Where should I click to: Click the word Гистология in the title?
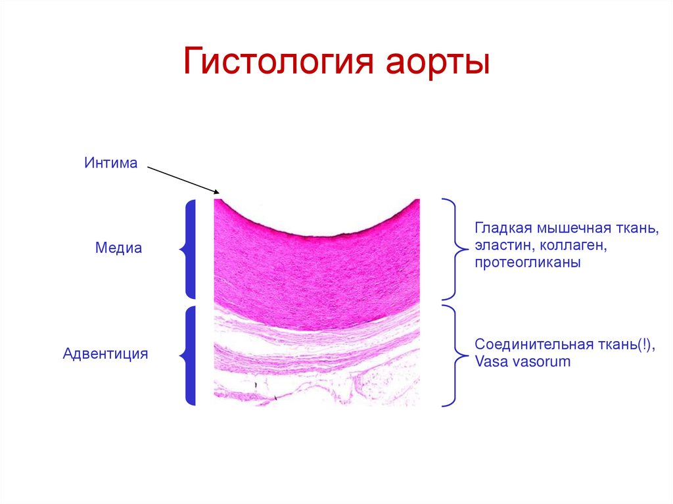(x=277, y=62)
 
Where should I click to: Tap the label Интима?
(x=110, y=162)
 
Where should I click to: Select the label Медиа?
(x=118, y=249)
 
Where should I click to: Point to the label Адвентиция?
(x=105, y=354)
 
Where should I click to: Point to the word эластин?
(x=500, y=246)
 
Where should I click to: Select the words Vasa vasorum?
(x=523, y=361)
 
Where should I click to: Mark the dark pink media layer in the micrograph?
(x=315, y=269)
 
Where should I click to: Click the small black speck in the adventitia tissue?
(x=255, y=381)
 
